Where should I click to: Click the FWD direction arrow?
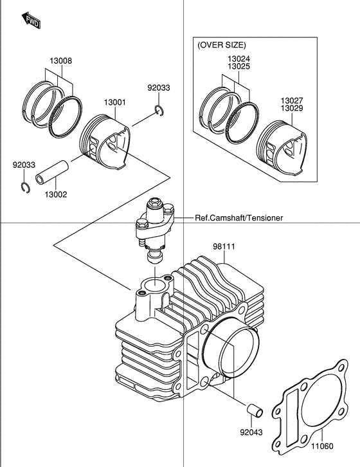click(x=31, y=20)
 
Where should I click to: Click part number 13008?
click(x=60, y=60)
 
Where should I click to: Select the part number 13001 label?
click(x=115, y=102)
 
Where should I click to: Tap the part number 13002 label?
click(x=56, y=195)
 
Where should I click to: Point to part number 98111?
click(x=224, y=246)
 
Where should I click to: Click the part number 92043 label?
click(x=251, y=432)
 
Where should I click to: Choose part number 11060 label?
click(x=323, y=446)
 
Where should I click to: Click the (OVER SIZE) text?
click(x=222, y=45)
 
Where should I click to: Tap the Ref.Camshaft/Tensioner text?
click(x=239, y=218)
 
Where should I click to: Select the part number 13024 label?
click(x=239, y=59)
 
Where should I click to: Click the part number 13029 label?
click(x=292, y=108)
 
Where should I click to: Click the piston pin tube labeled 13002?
click(x=52, y=173)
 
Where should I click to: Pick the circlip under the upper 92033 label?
click(x=159, y=110)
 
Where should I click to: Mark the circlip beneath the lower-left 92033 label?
click(x=26, y=187)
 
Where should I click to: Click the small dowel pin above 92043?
click(x=255, y=410)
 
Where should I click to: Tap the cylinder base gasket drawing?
click(x=310, y=408)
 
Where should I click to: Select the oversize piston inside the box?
click(x=282, y=148)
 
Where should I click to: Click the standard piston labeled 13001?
click(x=105, y=142)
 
